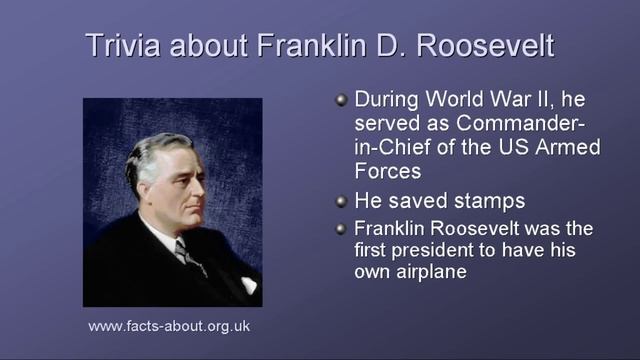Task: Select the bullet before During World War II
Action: tap(341, 101)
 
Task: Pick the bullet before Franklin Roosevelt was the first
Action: tap(341, 228)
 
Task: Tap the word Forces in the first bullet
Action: tap(387, 171)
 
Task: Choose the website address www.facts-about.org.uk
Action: tap(169, 326)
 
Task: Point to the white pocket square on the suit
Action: tap(248, 284)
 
